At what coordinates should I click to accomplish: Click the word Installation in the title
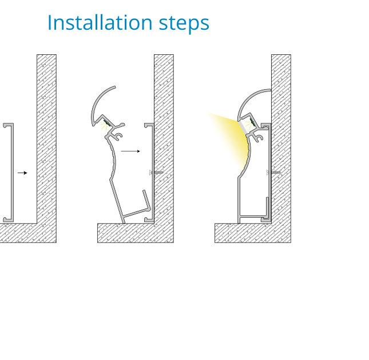[100, 22]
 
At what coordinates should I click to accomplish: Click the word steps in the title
[184, 24]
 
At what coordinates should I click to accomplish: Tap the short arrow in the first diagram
[22, 173]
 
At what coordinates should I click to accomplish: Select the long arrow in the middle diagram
[130, 151]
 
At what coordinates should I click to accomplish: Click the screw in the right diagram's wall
[273, 173]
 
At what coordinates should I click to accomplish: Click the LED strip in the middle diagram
[106, 123]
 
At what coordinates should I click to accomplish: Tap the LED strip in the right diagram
[252, 122]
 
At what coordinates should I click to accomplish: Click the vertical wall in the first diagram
[46, 139]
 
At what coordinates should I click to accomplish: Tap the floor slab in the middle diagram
[136, 233]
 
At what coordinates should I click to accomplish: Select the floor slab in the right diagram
[253, 233]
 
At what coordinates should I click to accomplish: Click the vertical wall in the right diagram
[281, 139]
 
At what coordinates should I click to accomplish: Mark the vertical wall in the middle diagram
[164, 139]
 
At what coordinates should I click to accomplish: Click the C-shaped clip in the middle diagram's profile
[118, 137]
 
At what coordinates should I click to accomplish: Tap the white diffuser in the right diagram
[243, 128]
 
